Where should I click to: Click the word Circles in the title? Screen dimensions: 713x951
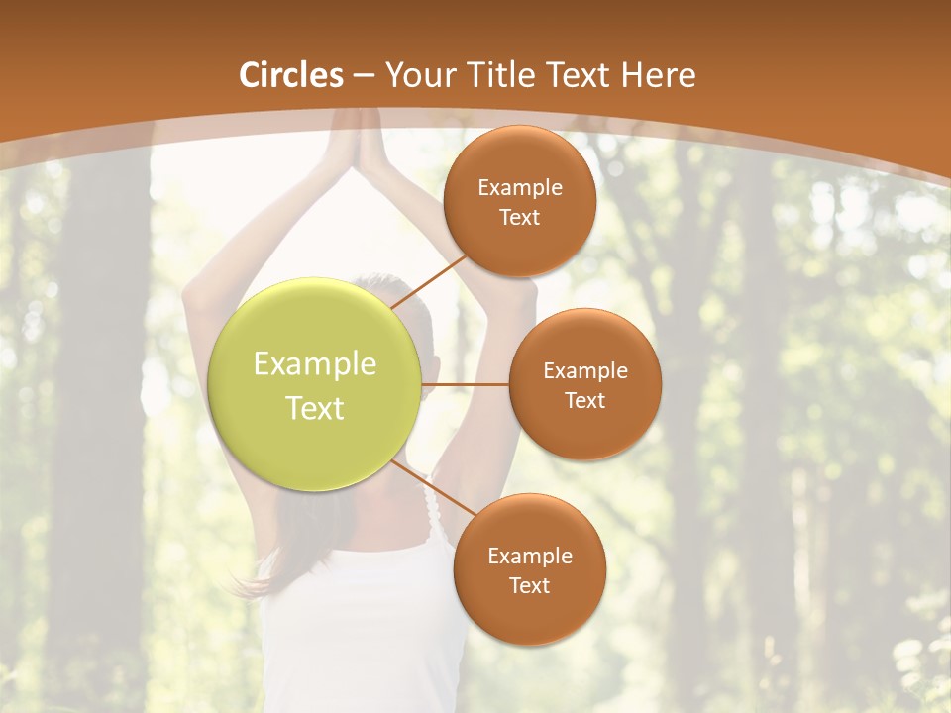[x=291, y=75]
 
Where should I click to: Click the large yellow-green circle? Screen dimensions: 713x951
[x=315, y=384]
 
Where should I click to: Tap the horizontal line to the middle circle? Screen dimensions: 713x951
[x=465, y=384]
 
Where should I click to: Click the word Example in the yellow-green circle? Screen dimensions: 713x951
[x=315, y=364]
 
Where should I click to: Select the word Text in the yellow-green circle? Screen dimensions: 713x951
[x=315, y=408]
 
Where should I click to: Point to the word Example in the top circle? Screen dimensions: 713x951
[x=519, y=188]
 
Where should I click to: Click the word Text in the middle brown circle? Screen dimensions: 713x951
[x=584, y=401]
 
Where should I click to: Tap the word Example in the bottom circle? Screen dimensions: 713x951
[x=529, y=557]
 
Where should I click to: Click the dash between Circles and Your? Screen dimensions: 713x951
[x=364, y=75]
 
